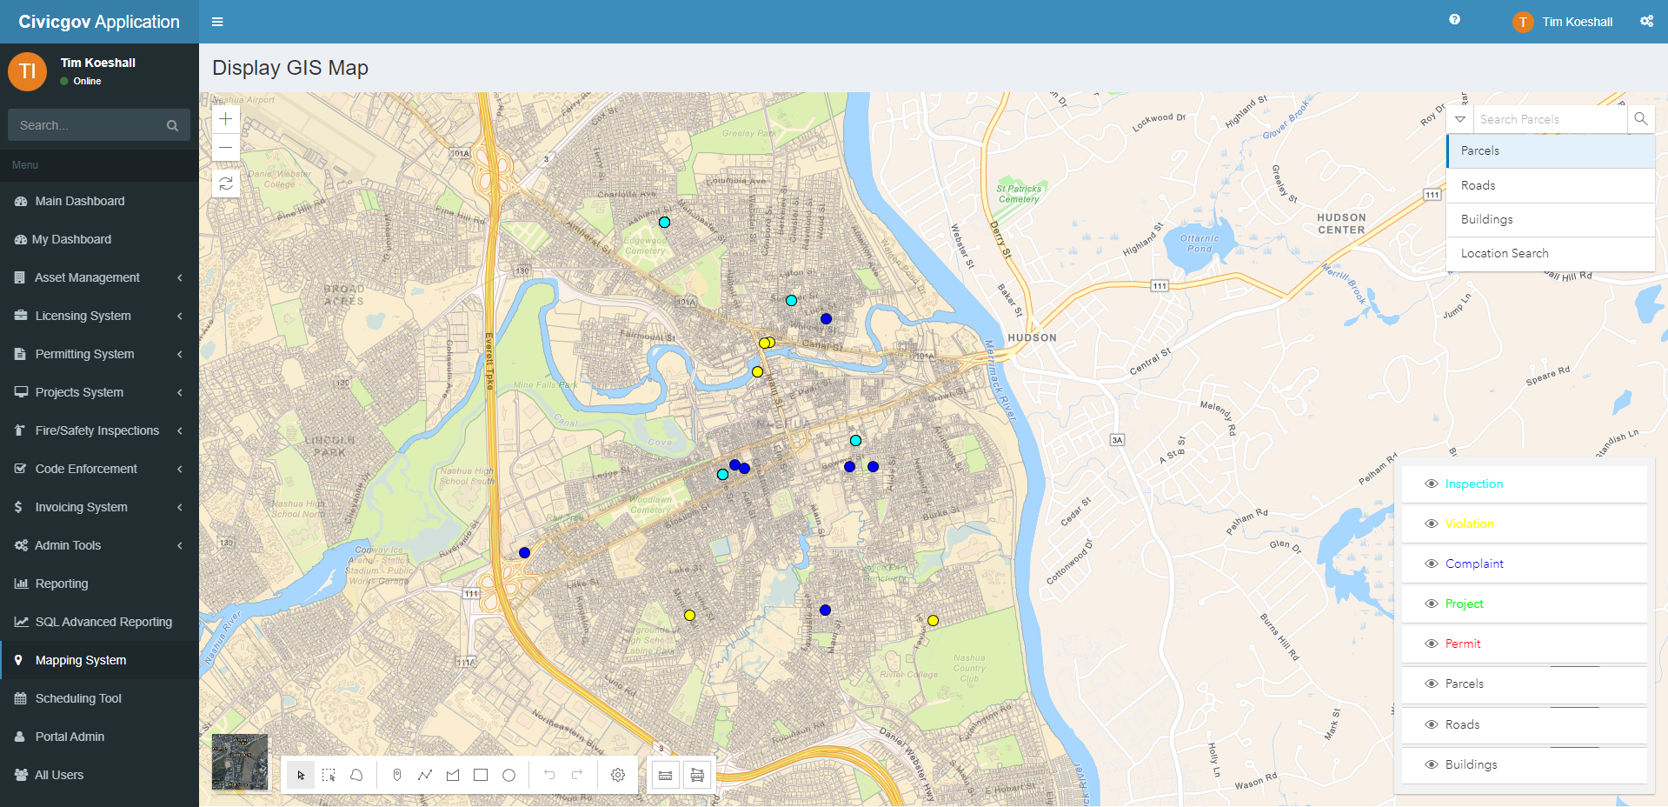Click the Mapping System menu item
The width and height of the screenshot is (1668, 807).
tap(81, 660)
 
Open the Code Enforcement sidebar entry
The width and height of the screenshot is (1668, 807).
tap(86, 469)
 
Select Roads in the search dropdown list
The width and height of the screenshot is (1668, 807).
tap(1478, 185)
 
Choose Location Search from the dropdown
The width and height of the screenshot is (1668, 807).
tap(1504, 253)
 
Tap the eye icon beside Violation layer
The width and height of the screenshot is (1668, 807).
tap(1431, 524)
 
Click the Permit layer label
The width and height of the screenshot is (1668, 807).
tap(1462, 644)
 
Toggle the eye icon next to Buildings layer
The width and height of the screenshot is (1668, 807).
tap(1431, 764)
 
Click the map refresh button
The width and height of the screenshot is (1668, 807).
tap(226, 183)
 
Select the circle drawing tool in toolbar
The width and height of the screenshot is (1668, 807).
tap(509, 775)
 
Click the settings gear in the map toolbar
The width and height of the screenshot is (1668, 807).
tap(618, 775)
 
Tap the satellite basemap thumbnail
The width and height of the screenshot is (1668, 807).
tap(240, 762)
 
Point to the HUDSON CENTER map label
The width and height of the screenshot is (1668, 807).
tap(1341, 224)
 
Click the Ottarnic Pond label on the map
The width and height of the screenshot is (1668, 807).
tap(1199, 243)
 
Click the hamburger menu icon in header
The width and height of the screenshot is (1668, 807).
tap(217, 22)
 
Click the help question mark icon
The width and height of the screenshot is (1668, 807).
tap(1454, 20)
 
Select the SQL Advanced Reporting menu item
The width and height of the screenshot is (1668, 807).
tap(103, 622)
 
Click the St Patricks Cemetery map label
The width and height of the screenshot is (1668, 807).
tap(1019, 194)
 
